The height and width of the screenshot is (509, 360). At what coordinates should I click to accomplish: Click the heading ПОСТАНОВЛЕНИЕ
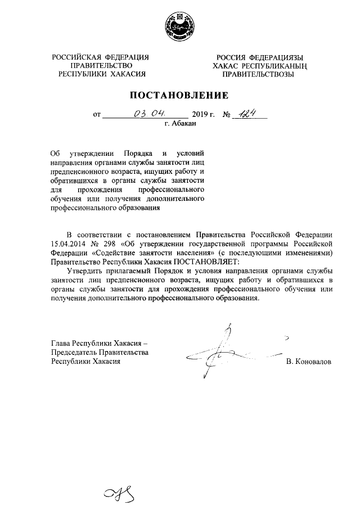pyautogui.click(x=180, y=94)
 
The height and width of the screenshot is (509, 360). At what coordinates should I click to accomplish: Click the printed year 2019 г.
pyautogui.click(x=204, y=115)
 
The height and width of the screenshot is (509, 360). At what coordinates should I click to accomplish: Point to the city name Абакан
pyautogui.click(x=184, y=124)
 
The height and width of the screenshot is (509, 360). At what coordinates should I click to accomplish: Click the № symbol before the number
pyautogui.click(x=228, y=115)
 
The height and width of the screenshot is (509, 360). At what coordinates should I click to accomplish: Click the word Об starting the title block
pyautogui.click(x=55, y=153)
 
